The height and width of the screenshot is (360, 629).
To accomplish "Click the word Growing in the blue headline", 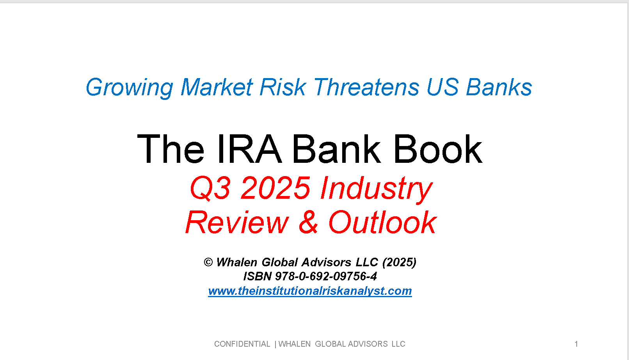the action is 130,88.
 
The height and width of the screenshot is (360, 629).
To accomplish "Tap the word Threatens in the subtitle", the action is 366,87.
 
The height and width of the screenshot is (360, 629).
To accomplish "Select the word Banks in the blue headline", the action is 499,87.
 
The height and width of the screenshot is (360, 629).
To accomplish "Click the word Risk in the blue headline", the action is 283,87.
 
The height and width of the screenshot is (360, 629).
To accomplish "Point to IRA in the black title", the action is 249,149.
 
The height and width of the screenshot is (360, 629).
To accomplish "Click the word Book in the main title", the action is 438,149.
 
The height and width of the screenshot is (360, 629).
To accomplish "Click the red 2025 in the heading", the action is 276,188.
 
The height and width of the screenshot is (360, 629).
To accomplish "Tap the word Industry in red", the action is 376,189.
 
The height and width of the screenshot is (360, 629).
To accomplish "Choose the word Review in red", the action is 237,222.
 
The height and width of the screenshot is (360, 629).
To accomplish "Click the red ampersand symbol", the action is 308,222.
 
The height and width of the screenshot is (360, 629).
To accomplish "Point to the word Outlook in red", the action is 382,222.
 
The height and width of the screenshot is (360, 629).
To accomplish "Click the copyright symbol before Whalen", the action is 208,262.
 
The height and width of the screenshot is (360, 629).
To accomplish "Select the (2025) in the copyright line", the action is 399,262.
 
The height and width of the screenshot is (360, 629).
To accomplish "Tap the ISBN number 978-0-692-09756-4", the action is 326,276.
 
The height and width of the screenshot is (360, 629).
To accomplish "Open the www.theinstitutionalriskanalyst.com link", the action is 310,291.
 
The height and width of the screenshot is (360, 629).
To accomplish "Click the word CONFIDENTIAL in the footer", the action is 242,344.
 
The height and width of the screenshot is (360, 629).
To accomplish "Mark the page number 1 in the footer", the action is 576,344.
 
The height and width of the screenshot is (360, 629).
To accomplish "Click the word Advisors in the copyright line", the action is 326,262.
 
